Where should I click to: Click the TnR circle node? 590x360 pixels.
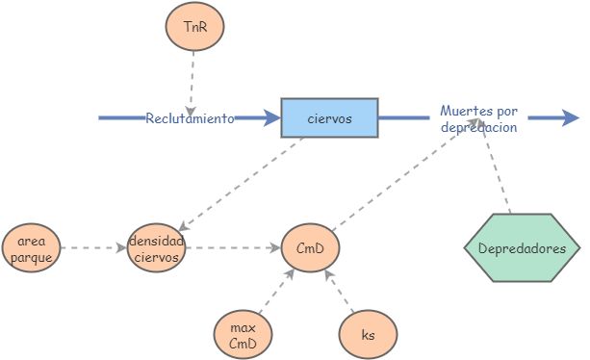[x=194, y=28]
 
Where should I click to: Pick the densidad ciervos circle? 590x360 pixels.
[x=156, y=248]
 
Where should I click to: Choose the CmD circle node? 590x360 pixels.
[x=310, y=248]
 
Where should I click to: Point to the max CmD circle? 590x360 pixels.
[x=243, y=331]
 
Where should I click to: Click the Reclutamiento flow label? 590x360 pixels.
[x=190, y=118]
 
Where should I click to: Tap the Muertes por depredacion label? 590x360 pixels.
[x=478, y=118]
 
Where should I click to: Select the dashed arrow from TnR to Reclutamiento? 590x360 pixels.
[x=192, y=79]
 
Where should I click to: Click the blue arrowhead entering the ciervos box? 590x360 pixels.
[x=269, y=118]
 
